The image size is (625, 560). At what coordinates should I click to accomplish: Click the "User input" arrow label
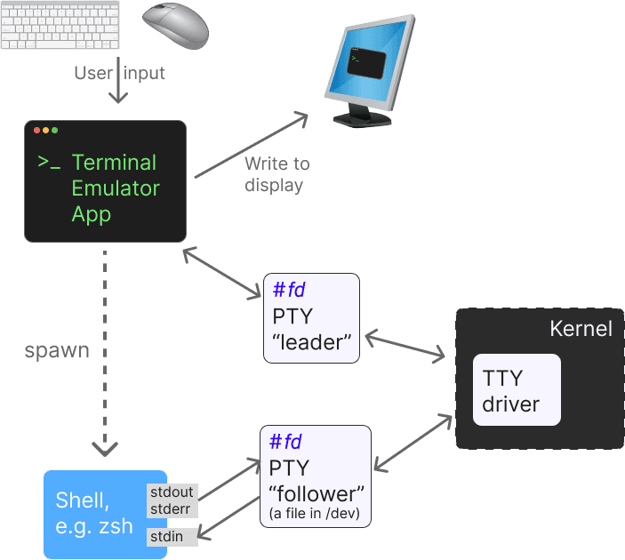(x=119, y=73)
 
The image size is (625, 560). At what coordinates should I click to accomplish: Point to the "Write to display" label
(x=276, y=174)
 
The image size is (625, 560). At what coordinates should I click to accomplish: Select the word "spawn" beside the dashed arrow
(x=56, y=350)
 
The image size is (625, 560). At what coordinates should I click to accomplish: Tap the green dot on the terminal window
(x=55, y=131)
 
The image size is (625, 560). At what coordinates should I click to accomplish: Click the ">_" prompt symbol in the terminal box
(x=49, y=163)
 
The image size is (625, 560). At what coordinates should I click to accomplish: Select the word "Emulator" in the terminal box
(x=116, y=188)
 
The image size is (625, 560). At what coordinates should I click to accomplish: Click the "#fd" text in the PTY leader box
(x=290, y=291)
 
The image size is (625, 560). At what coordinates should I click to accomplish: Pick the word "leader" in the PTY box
(x=311, y=341)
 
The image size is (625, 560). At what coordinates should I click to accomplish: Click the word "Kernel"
(x=581, y=329)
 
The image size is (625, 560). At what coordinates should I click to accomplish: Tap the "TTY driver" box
(x=516, y=390)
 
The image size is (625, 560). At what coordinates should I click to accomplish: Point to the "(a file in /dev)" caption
(x=316, y=515)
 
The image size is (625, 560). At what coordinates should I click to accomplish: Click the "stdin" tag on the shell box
(x=166, y=536)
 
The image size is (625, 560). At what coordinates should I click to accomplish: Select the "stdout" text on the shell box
(x=172, y=492)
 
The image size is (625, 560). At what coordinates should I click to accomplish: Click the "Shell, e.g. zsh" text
(x=94, y=513)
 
